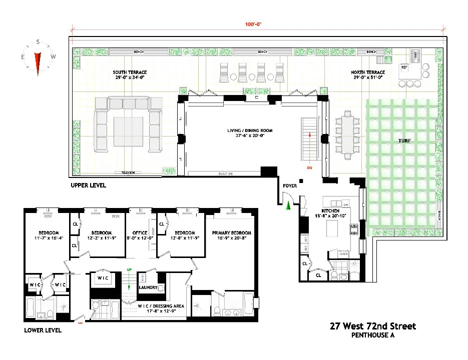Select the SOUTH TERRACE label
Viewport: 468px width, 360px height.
(x=130, y=72)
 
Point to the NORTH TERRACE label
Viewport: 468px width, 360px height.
(x=368, y=72)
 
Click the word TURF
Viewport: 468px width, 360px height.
(x=404, y=141)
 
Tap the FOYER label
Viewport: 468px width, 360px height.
(x=290, y=186)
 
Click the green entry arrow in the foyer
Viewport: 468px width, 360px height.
(x=288, y=206)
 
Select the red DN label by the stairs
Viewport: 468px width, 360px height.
(x=310, y=168)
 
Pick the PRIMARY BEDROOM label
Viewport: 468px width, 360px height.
(x=231, y=233)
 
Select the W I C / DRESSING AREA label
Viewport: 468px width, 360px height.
(x=156, y=305)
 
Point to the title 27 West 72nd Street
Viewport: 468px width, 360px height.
(x=372, y=326)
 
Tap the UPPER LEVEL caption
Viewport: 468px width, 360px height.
(x=88, y=185)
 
